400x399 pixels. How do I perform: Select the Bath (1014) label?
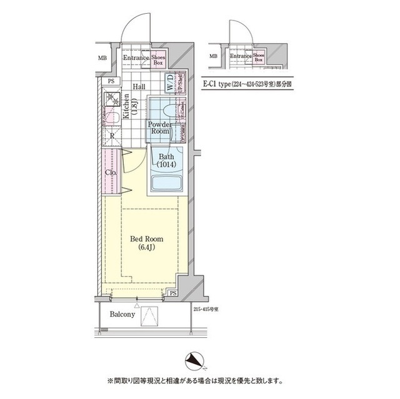(x=166, y=160)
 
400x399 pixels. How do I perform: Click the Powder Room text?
(x=160, y=127)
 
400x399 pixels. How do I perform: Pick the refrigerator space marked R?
(x=111, y=135)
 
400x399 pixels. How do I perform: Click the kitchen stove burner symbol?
(x=112, y=98)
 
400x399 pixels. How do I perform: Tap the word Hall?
(x=139, y=86)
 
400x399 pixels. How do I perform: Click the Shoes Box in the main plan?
(x=158, y=60)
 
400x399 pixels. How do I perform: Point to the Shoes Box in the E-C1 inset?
(x=259, y=57)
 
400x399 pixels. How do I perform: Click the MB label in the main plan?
(x=101, y=59)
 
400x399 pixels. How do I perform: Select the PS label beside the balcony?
(x=172, y=293)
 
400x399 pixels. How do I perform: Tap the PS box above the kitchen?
(x=111, y=81)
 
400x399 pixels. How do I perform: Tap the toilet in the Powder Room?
(x=164, y=111)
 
